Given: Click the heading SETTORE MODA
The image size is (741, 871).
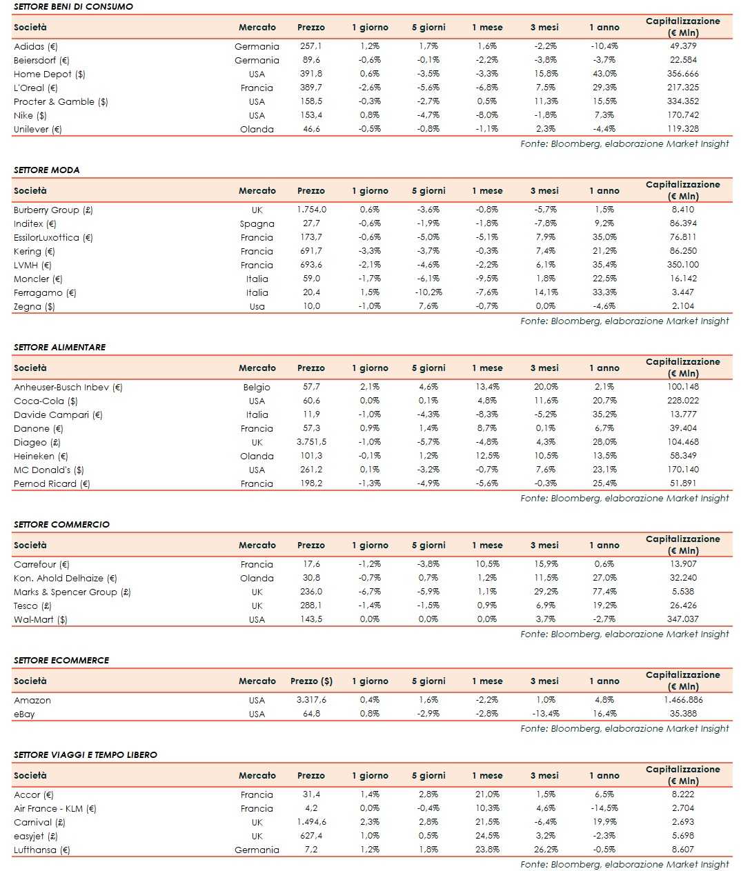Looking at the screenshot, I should click(47, 170).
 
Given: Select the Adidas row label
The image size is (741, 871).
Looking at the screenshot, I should click(36, 46).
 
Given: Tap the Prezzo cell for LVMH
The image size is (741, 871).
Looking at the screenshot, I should click(310, 265).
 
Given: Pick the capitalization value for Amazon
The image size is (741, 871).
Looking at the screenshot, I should click(683, 700).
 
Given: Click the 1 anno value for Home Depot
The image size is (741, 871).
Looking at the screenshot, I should click(604, 74).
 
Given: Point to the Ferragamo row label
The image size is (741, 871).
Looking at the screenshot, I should click(45, 292).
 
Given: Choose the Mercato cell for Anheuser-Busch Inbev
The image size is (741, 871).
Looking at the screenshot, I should click(257, 387).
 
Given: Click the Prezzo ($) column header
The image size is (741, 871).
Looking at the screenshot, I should click(311, 681).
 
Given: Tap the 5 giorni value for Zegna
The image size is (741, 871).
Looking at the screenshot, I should click(428, 306).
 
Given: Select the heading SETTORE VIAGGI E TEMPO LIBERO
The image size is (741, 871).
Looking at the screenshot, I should click(86, 754).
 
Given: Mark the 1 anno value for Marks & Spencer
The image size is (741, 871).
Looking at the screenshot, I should click(604, 592).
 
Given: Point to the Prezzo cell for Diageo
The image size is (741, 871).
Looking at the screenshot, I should click(311, 442).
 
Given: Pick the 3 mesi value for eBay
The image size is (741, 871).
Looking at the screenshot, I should click(546, 714).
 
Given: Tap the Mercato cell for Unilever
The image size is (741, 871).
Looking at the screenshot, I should click(257, 129).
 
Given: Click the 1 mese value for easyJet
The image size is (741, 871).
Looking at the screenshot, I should click(487, 836).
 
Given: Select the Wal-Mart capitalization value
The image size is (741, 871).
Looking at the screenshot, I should click(683, 619).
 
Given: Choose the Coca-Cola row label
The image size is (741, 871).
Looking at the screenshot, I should click(46, 401).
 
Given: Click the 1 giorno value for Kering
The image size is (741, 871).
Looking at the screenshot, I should click(370, 251).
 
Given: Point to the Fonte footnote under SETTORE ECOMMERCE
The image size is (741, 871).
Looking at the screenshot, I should click(624, 728).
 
